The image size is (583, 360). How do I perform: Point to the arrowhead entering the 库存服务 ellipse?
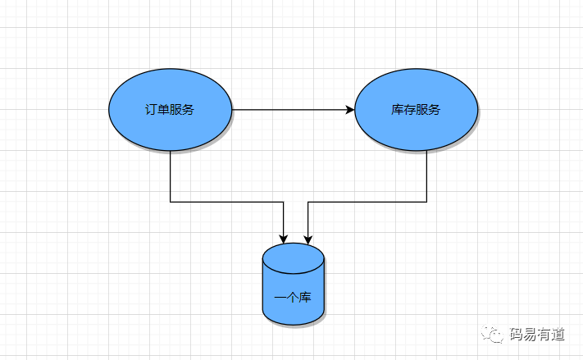tap(350, 110)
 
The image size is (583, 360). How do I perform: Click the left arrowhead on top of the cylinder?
tap(284, 239)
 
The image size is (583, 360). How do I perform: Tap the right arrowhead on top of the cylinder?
tap(308, 239)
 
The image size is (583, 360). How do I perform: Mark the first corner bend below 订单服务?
tap(171, 201)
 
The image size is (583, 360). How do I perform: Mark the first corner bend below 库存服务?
tap(426, 201)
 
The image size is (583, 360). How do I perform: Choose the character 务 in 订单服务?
tap(189, 110)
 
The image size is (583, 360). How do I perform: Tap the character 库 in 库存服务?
tap(398, 110)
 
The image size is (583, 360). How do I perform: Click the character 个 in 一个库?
tap(293, 297)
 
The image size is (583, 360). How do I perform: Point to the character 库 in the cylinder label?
tap(305, 297)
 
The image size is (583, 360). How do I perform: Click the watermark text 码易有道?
tap(537, 334)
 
